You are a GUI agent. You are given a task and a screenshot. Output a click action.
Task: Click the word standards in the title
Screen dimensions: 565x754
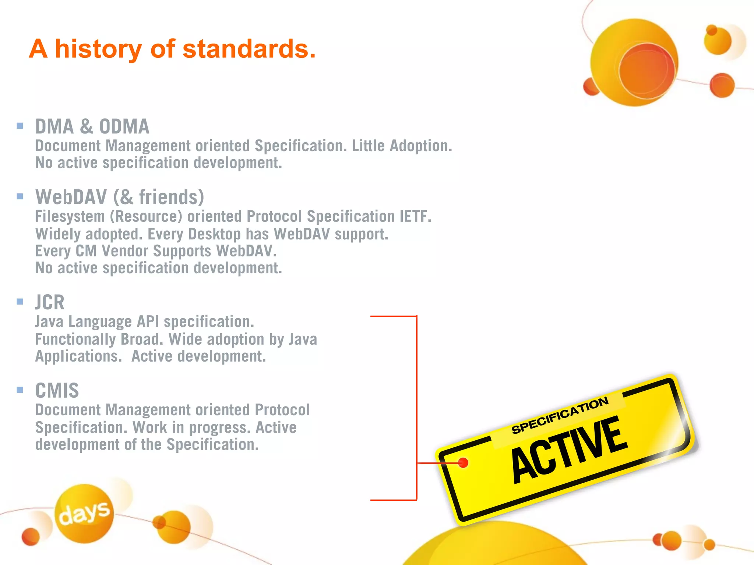point(249,49)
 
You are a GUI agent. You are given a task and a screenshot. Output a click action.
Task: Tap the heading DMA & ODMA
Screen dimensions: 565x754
point(92,127)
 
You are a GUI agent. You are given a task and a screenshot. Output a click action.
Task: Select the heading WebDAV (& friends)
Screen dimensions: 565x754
point(120,197)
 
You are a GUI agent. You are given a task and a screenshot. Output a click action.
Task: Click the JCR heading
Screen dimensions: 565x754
point(50,302)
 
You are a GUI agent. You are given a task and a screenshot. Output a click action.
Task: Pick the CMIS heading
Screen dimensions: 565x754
point(57,391)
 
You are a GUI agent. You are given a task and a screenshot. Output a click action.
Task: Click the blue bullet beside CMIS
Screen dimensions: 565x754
point(20,390)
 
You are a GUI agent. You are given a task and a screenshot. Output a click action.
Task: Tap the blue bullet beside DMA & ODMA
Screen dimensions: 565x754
point(20,126)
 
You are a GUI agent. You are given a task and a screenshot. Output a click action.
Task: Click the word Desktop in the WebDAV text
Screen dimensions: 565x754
point(214,234)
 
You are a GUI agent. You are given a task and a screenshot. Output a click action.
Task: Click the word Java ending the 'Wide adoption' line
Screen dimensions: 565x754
point(303,339)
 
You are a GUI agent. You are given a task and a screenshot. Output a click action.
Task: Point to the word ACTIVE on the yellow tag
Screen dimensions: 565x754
point(569,449)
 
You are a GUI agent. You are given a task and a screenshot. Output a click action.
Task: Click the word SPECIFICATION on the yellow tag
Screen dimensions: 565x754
point(560,415)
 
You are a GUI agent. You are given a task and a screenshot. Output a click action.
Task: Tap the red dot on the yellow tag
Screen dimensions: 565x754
point(463,462)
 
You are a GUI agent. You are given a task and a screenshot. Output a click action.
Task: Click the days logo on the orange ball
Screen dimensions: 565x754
point(84,513)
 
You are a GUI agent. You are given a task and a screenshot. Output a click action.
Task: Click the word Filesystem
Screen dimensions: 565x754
point(70,216)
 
